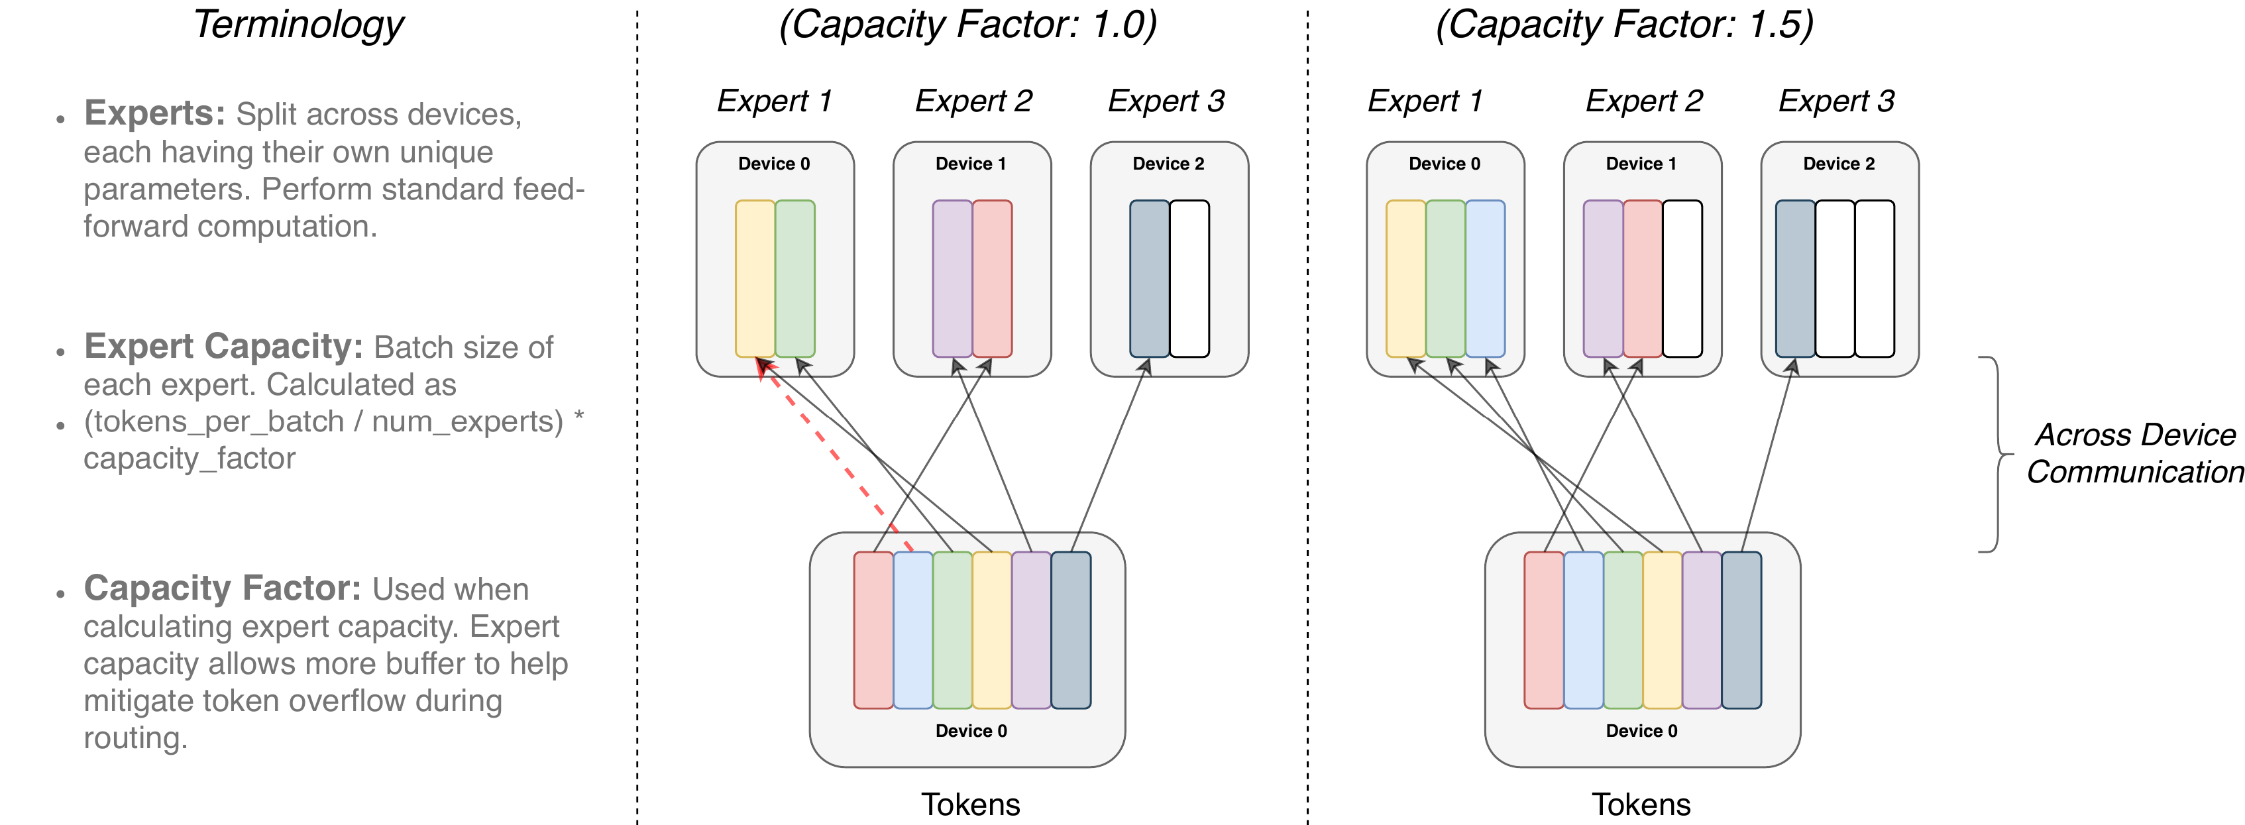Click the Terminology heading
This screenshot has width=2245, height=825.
click(298, 25)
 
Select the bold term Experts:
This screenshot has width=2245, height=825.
click(154, 113)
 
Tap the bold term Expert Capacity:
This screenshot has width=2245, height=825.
click(223, 347)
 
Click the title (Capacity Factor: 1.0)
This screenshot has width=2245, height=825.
click(967, 25)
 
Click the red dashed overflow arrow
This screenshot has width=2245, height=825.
click(837, 457)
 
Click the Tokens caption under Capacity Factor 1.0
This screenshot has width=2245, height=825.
click(970, 804)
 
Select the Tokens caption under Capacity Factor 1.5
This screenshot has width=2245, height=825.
click(1641, 804)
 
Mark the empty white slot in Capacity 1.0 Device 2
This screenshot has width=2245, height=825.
click(1189, 279)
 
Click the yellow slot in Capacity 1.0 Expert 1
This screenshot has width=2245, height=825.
click(755, 279)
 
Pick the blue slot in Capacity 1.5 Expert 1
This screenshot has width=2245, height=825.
click(1485, 279)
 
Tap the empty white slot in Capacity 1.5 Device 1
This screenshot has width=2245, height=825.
click(1682, 279)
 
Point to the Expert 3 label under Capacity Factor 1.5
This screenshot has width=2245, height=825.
click(1836, 101)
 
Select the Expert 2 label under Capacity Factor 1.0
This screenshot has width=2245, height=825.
click(973, 101)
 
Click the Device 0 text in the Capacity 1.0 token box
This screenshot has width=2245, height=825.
click(971, 731)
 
